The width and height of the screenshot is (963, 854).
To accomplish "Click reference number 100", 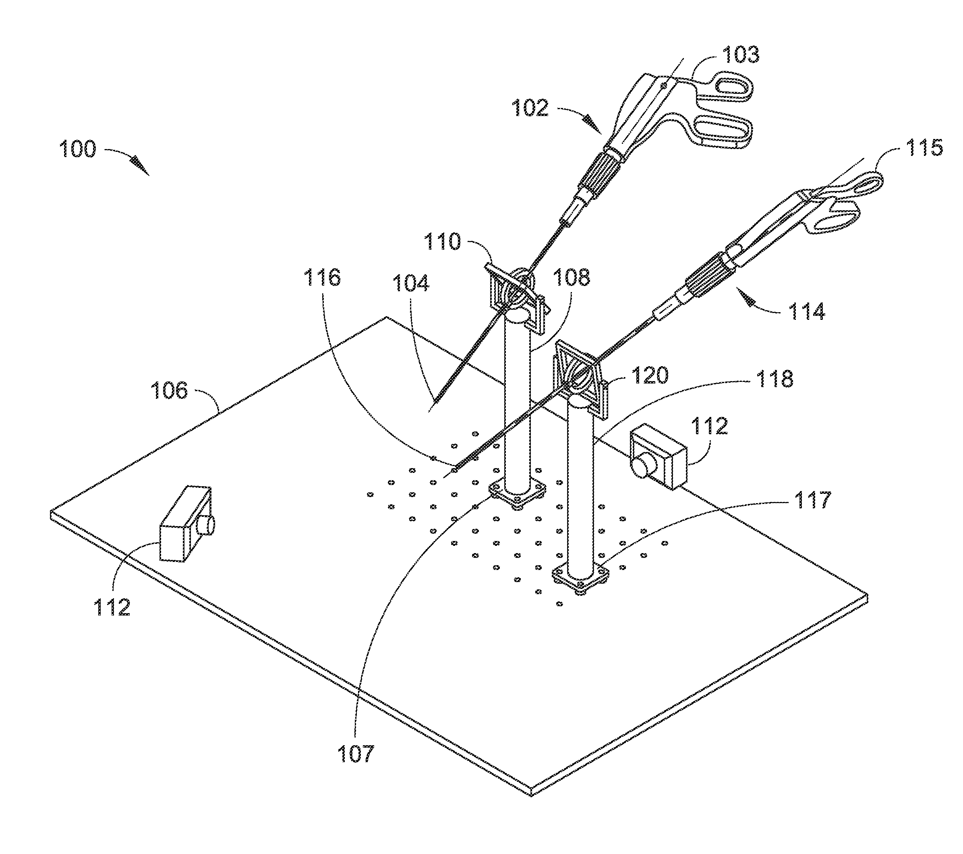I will point(77,149).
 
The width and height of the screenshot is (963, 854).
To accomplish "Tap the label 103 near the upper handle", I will point(741,55).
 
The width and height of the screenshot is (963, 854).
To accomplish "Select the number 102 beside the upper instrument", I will point(530,108).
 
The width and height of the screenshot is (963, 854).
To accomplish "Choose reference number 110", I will point(442,242).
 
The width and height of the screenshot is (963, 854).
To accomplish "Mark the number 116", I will point(322,278).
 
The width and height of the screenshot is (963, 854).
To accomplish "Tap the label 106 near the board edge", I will point(169,391).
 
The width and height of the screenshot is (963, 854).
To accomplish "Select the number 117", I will point(813,500).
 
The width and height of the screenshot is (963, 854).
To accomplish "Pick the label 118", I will point(775,378).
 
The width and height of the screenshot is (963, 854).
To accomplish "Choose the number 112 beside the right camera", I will point(709,426).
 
